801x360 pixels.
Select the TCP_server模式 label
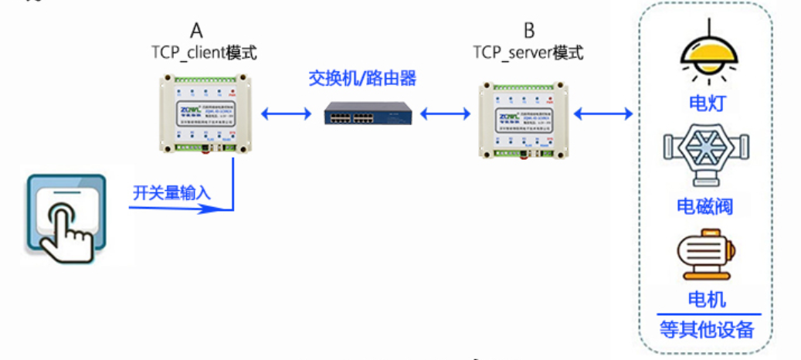pyautogui.click(x=528, y=53)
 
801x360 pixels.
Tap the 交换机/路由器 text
pyautogui.click(x=362, y=79)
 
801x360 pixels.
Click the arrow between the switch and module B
pyautogui.click(x=446, y=115)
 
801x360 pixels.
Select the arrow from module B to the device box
pyautogui.click(x=603, y=115)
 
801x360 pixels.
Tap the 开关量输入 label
pyautogui.click(x=171, y=192)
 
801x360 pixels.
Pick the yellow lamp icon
pyautogui.click(x=706, y=53)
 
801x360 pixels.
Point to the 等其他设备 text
pyautogui.click(x=707, y=330)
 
